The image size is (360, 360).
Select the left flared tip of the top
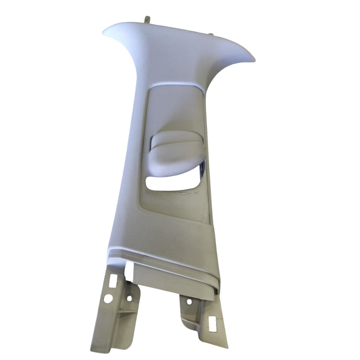[x=107, y=31]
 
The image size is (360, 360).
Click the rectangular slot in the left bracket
[x=113, y=280]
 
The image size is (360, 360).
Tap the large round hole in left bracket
[x=108, y=298]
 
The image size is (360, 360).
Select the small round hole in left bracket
[x=129, y=298]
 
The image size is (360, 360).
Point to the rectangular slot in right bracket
[x=211, y=323]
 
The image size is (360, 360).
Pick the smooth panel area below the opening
[x=165, y=216]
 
